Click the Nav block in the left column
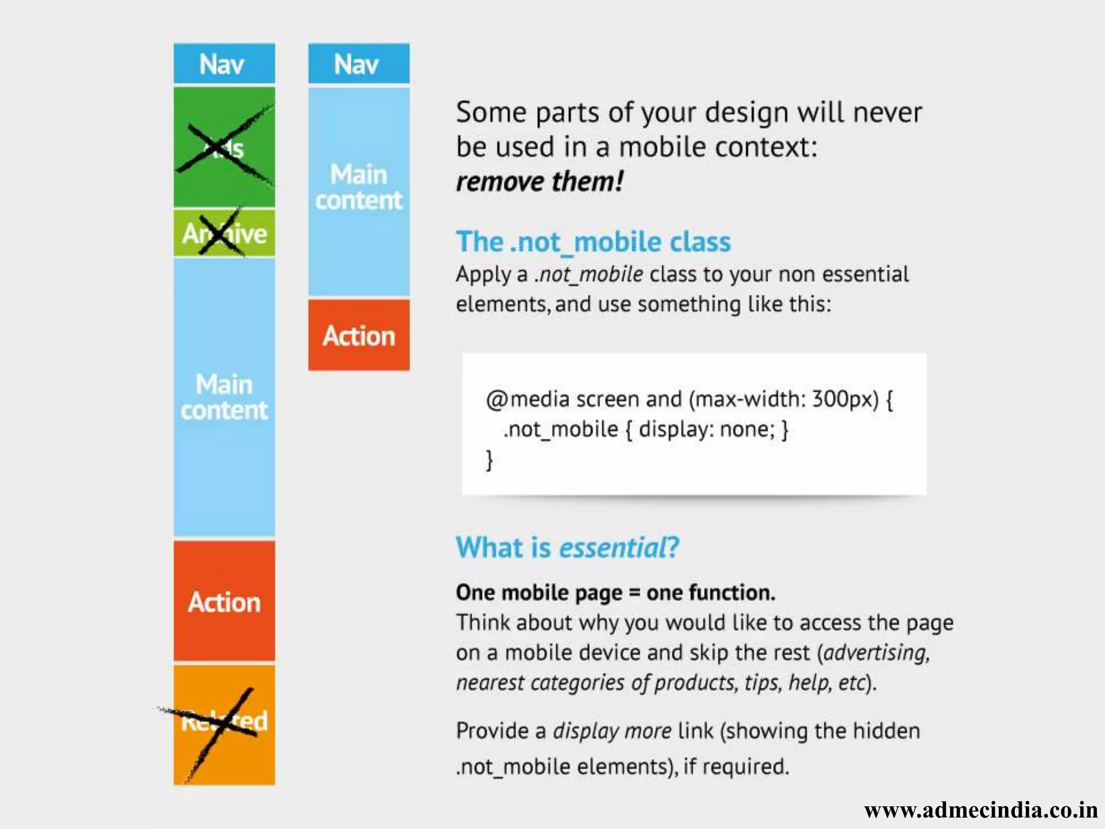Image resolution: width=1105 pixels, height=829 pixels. tap(224, 64)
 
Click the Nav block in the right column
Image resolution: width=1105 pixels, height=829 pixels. tap(359, 64)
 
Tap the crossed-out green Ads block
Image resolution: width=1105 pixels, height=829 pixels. tap(224, 147)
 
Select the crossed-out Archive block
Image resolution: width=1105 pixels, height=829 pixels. tap(224, 233)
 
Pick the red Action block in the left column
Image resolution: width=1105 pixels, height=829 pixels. tap(224, 601)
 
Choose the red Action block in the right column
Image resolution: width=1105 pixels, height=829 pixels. tap(359, 335)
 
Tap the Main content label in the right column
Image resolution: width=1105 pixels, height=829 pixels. tap(359, 187)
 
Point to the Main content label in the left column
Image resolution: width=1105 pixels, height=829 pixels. tap(224, 397)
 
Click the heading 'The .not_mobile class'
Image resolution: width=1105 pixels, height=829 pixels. tap(593, 242)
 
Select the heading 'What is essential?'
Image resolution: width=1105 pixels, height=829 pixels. tap(567, 547)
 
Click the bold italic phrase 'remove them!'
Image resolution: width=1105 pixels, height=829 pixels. tap(540, 181)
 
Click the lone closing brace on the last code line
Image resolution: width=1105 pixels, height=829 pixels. tap(489, 460)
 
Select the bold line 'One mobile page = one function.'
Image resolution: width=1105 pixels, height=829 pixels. tap(616, 593)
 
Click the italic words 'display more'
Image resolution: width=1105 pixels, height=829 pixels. tap(612, 731)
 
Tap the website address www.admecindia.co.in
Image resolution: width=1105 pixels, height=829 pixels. tap(981, 810)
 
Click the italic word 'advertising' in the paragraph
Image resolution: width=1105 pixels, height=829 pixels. tap(876, 653)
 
